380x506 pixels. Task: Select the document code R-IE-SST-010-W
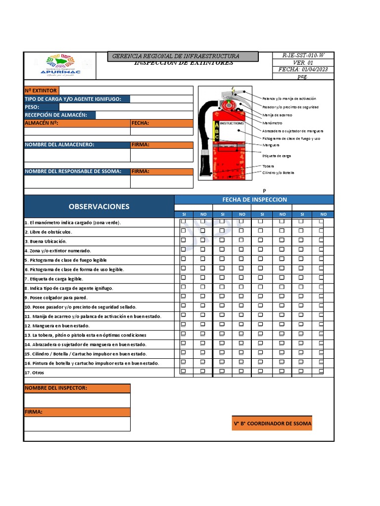click(x=303, y=56)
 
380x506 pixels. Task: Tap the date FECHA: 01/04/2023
click(x=303, y=70)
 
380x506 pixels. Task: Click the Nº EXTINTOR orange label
click(x=41, y=90)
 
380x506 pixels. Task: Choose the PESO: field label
click(x=32, y=107)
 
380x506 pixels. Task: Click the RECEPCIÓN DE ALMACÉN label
click(x=56, y=115)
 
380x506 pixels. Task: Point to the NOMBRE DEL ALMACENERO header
click(x=59, y=145)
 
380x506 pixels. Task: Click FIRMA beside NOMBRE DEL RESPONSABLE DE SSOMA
click(x=141, y=171)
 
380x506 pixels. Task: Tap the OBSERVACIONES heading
click(x=99, y=207)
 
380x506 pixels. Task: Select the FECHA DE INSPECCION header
click(x=254, y=200)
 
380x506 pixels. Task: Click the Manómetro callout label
click(x=272, y=123)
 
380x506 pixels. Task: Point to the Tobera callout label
click(x=268, y=166)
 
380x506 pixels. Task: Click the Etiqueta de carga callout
click(x=277, y=156)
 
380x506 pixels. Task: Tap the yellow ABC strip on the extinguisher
click(x=216, y=131)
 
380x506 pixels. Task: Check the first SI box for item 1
click(x=183, y=221)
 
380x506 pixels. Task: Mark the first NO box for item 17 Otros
click(x=202, y=371)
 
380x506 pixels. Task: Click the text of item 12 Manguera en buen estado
click(x=57, y=326)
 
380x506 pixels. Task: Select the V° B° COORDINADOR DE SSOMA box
click(x=272, y=424)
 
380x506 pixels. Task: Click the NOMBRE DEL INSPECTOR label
click(x=56, y=388)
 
